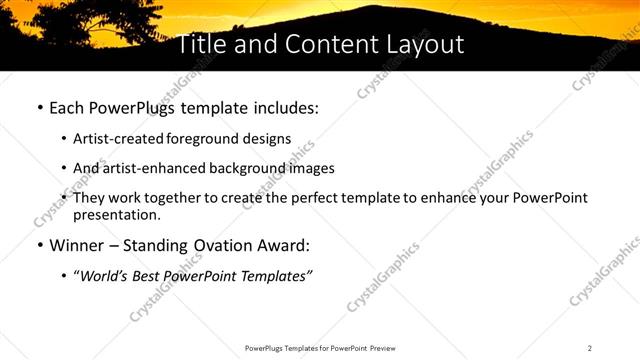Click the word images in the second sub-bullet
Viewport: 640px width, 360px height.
pos(311,168)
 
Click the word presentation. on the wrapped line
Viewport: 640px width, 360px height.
pos(116,214)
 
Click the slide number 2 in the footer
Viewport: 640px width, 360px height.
pos(590,348)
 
